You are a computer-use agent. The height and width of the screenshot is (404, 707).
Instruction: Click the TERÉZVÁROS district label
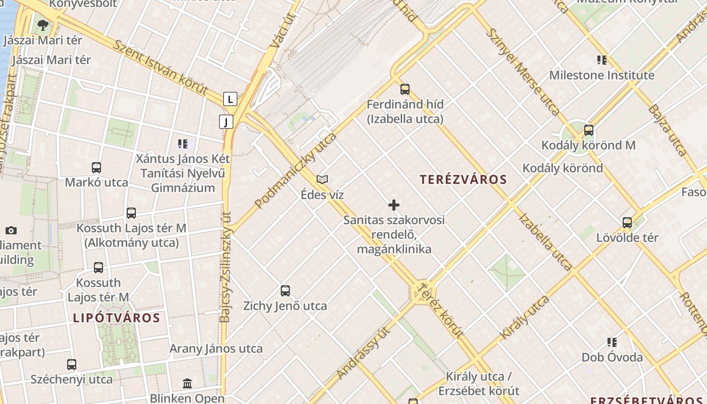[x=463, y=179]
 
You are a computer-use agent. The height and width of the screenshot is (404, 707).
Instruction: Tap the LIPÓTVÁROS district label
[x=116, y=318]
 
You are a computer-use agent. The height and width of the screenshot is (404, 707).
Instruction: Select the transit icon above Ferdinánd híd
[x=405, y=89]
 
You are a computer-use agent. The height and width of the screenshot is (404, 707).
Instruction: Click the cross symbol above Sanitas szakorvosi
[x=394, y=205]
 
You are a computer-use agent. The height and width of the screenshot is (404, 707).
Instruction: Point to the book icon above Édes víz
[x=322, y=179]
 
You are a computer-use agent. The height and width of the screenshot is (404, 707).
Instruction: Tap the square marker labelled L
[x=230, y=99]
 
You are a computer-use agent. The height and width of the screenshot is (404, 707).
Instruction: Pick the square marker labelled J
[x=226, y=121]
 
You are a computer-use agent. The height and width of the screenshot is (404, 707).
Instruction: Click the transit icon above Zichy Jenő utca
[x=285, y=290]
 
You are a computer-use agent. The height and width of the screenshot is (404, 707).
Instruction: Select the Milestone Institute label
[x=601, y=75]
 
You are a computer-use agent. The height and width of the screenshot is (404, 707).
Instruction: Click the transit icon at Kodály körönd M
[x=588, y=130]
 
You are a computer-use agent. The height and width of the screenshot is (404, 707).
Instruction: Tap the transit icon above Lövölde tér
[x=627, y=222]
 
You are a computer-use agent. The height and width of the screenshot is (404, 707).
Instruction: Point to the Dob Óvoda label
[x=612, y=358]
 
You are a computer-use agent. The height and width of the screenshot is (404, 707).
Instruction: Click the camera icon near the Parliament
[x=11, y=230]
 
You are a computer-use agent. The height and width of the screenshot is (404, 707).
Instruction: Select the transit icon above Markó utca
[x=96, y=167]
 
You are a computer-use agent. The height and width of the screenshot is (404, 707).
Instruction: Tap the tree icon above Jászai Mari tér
[x=43, y=24]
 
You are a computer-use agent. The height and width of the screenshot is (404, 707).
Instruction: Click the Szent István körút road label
[x=160, y=68]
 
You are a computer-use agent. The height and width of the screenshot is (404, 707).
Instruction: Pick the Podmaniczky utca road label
[x=295, y=170]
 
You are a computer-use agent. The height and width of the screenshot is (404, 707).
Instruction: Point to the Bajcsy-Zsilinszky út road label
[x=226, y=266]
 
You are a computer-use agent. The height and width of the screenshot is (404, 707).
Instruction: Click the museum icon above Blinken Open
[x=187, y=383]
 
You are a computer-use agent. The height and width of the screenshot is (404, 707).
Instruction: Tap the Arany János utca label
[x=216, y=348]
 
